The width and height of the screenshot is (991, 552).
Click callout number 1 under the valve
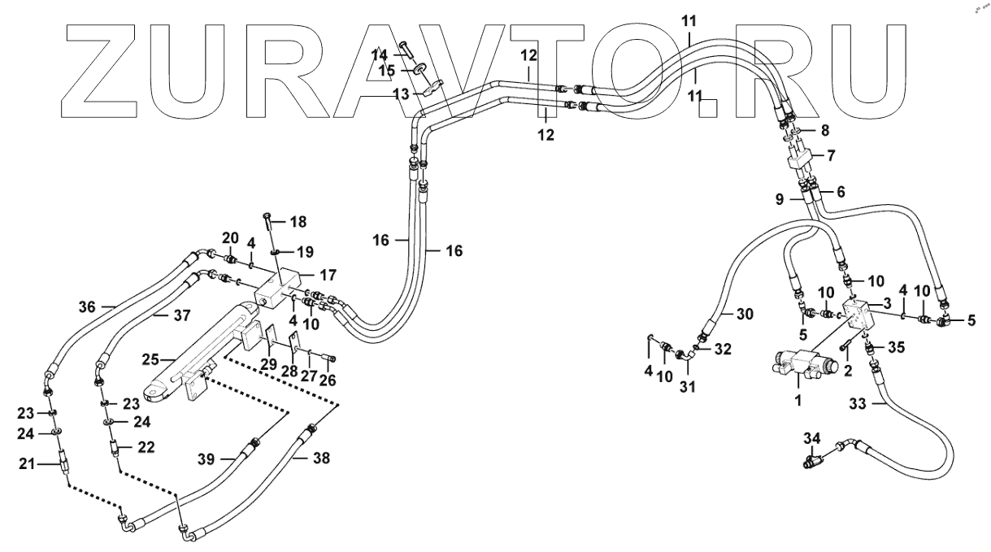tap(798, 400)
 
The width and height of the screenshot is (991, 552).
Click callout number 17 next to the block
tap(328, 275)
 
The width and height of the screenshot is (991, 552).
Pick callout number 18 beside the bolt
tap(299, 221)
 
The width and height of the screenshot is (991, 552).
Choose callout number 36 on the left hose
tap(87, 306)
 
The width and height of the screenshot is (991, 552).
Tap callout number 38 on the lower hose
tap(322, 458)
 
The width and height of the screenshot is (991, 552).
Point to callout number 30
tap(745, 314)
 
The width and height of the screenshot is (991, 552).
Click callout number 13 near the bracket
tap(402, 94)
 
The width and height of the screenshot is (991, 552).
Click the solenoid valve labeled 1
tap(801, 363)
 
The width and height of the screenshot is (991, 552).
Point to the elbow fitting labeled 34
tap(815, 459)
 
